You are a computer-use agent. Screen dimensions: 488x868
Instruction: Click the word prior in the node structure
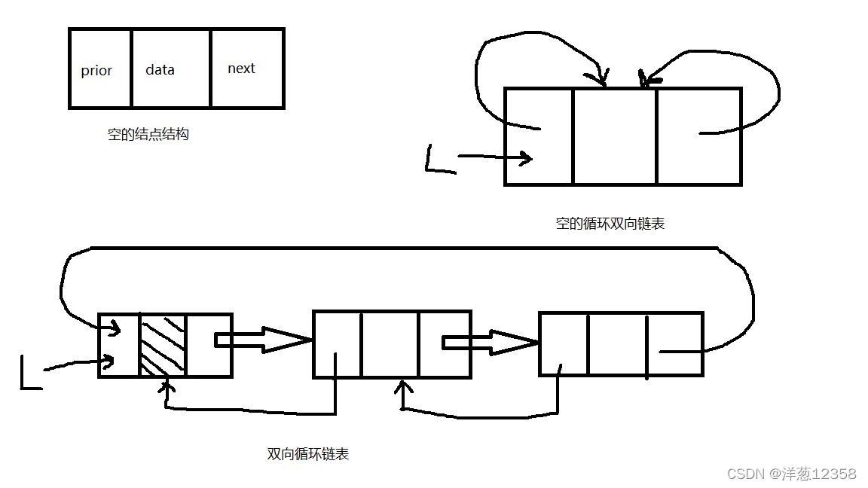pos(96,71)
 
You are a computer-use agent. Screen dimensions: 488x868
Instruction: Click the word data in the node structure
pos(160,70)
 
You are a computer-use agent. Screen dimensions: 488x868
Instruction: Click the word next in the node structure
pos(241,69)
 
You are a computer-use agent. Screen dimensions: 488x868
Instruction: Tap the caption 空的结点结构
pos(148,135)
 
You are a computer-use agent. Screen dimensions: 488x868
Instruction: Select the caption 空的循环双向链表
pos(610,223)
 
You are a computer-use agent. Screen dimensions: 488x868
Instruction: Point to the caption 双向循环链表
pos(308,454)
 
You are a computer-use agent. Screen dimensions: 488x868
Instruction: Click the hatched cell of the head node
pos(162,344)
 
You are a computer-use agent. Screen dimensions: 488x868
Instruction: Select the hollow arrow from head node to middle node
pos(264,340)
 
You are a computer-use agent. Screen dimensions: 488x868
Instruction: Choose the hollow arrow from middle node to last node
pos(490,342)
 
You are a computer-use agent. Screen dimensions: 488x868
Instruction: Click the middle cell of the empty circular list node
pos(614,136)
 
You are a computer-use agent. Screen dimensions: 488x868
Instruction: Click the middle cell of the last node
pos(616,343)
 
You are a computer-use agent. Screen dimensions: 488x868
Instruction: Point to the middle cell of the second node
pos(389,343)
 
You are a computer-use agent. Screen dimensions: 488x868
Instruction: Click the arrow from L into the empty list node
pos(494,157)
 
